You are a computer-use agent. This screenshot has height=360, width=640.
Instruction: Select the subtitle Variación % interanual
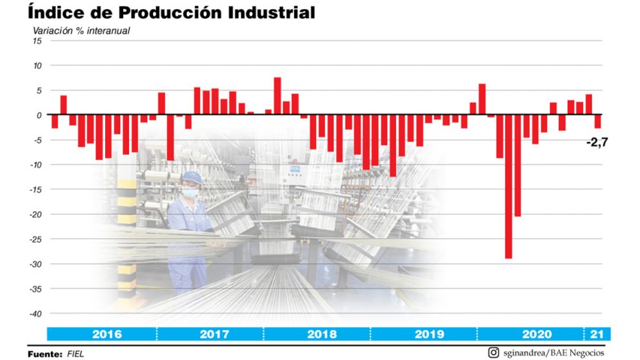81,30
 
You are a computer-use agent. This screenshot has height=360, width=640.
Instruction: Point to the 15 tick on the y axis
37,41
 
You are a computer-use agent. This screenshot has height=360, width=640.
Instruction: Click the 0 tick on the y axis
39,115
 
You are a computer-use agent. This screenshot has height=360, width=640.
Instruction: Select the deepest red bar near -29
508,187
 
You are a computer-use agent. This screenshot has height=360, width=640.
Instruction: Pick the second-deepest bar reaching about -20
517,166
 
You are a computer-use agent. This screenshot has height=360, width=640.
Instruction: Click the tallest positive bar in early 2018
277,96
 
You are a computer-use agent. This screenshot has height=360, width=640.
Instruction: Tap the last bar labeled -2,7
598,121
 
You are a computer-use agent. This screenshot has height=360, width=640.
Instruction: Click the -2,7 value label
597,142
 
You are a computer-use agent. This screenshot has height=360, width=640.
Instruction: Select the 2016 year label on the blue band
106,334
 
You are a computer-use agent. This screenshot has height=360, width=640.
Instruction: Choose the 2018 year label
321,334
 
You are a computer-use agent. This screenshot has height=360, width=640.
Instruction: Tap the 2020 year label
536,334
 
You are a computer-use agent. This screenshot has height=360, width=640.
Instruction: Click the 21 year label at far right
597,334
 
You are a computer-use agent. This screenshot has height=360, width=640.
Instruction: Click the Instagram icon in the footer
494,352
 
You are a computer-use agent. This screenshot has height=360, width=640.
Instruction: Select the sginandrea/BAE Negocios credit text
554,352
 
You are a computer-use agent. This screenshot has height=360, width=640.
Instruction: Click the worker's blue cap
192,177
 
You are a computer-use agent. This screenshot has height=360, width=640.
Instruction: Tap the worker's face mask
188,192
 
